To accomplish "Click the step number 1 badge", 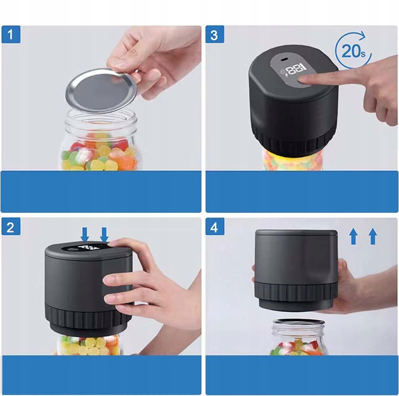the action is [x=11, y=34].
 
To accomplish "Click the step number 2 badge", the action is [x=11, y=227].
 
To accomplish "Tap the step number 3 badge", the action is [x=215, y=34].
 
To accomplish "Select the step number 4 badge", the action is [x=215, y=227].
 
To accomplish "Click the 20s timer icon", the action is [x=353, y=50].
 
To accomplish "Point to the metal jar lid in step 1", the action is [x=102, y=90].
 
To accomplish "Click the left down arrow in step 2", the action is [x=85, y=234].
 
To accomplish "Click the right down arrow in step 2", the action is [x=104, y=234].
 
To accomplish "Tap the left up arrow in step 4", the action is [x=353, y=236].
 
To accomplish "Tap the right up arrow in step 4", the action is [x=373, y=236].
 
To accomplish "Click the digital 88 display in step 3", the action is [x=295, y=69].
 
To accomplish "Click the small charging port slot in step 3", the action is [x=283, y=60].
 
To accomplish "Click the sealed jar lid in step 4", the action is [x=298, y=322].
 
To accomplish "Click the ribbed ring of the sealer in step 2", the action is [x=88, y=315].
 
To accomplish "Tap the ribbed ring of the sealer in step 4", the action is [x=295, y=293].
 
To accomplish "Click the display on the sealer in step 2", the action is [x=86, y=247].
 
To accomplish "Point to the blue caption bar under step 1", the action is [x=101, y=192].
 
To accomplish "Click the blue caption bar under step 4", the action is [x=302, y=375].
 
